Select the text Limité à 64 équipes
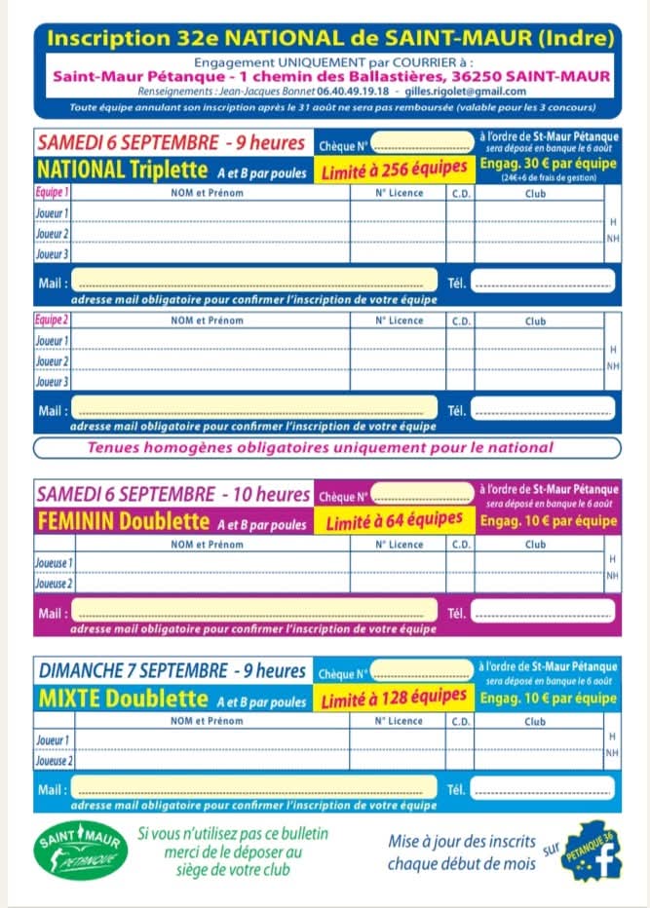(x=394, y=522)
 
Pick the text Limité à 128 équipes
(x=394, y=699)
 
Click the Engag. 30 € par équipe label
(x=549, y=164)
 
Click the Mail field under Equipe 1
(x=255, y=284)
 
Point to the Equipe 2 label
(x=52, y=321)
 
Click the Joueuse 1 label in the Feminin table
(x=55, y=563)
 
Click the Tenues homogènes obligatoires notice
(x=321, y=448)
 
